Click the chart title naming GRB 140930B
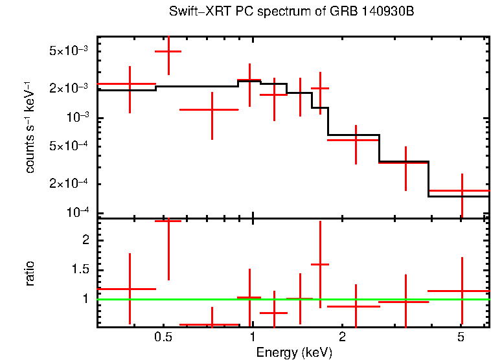[x=291, y=12]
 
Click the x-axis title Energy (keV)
[x=294, y=352]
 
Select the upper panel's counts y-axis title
[x=30, y=127]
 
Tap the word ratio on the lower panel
[x=30, y=273]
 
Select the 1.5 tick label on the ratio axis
[x=80, y=269]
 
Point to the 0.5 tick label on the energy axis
[x=163, y=337]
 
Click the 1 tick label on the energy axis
[x=252, y=337]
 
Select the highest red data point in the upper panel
[x=168, y=51]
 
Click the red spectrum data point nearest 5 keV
[x=462, y=191]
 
